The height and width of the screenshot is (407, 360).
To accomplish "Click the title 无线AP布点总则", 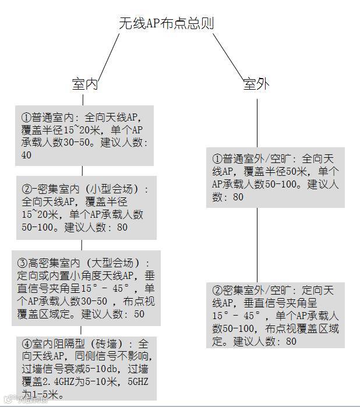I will pos(166,23).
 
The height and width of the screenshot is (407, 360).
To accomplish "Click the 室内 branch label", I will pos(85,84).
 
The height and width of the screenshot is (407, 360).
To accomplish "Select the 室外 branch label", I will pos(256,84).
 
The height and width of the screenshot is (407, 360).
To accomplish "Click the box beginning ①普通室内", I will pos(85,135).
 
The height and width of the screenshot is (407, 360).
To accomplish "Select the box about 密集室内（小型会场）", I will pos(85,207).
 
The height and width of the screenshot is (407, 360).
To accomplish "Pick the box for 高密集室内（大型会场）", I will pos(86,288).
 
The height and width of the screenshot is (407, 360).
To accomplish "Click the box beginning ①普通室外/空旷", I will pos(276,177).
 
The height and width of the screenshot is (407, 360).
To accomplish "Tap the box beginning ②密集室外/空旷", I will pos(276,315).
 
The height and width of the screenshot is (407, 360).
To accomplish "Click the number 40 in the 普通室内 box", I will pos(27,155).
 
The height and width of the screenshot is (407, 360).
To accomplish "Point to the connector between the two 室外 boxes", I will pos(257,245).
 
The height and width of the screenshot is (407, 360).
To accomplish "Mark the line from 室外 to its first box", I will pos(257,122).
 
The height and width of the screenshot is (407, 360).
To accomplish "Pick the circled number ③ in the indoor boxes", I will pos(23,263).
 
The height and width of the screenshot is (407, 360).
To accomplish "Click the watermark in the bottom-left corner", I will pos(20,400).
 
